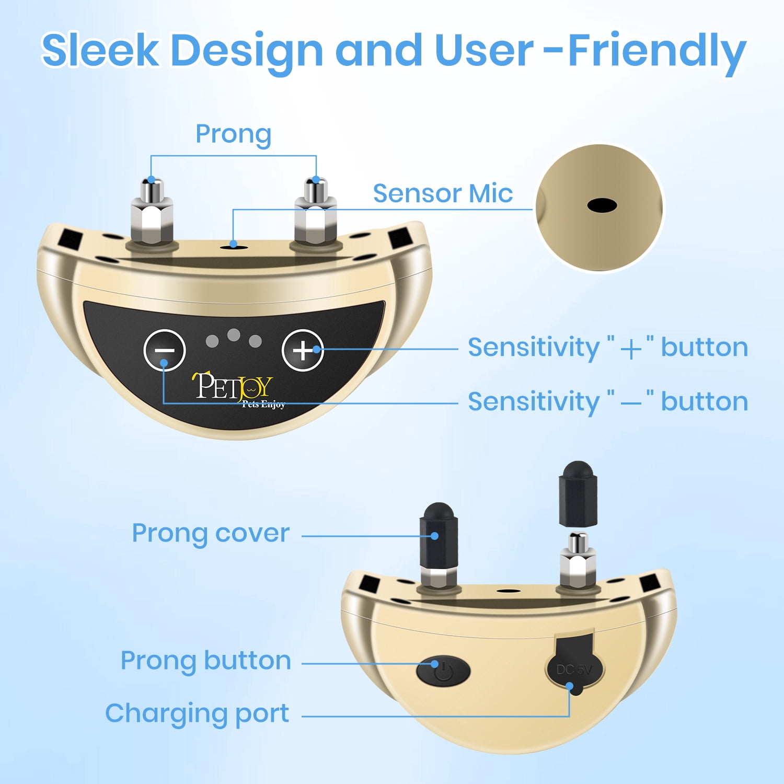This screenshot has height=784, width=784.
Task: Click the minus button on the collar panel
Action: click(165, 350)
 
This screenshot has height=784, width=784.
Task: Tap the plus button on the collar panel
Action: click(303, 350)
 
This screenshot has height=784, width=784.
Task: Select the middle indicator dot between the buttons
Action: click(234, 335)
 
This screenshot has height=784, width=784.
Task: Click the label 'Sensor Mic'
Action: click(443, 193)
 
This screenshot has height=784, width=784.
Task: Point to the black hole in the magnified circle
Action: click(602, 205)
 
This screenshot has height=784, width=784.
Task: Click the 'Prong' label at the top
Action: click(233, 134)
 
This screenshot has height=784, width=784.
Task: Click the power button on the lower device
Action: click(443, 671)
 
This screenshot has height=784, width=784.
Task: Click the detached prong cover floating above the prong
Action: click(578, 493)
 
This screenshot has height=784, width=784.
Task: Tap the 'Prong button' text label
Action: click(206, 660)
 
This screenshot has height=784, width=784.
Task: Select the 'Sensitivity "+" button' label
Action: click(608, 348)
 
